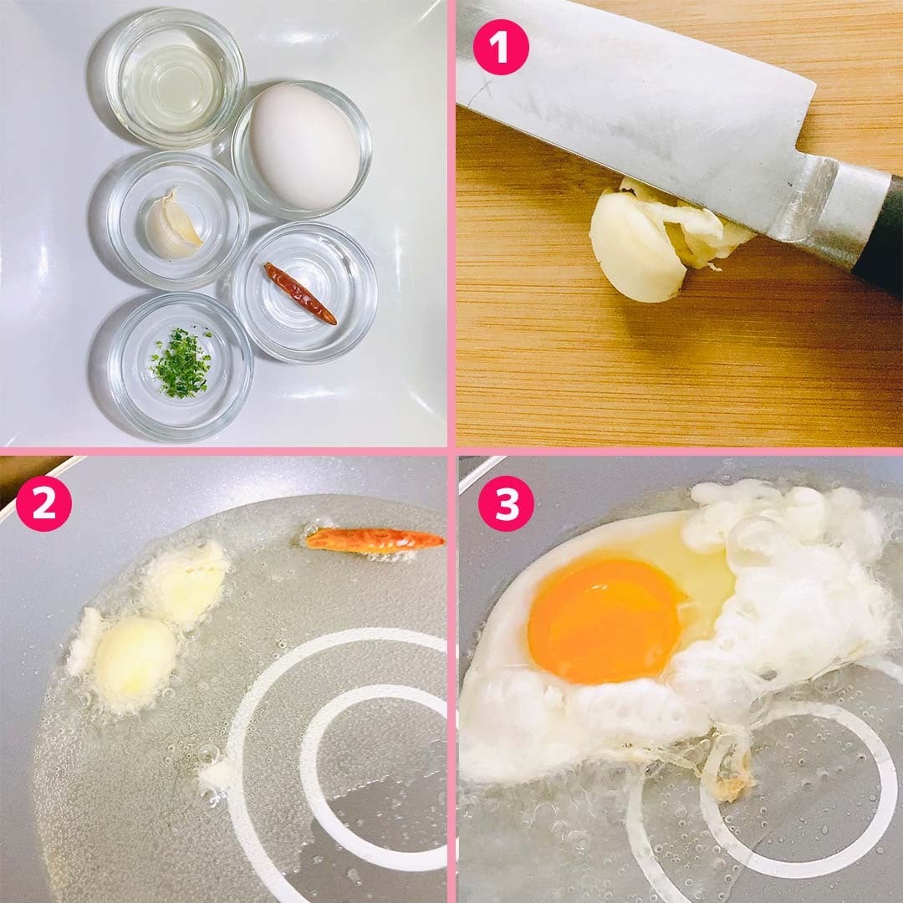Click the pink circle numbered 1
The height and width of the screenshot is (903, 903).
coord(501,47)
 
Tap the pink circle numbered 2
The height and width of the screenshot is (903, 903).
coord(43,503)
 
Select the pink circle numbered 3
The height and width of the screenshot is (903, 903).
coord(506,503)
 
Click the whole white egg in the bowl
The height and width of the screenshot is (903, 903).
coord(304,147)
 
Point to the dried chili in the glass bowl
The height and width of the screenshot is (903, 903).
coord(300,293)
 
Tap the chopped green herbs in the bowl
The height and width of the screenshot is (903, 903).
coord(181,363)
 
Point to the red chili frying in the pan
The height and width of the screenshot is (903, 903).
coord(375,541)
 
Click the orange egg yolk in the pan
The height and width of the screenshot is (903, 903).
coord(607,620)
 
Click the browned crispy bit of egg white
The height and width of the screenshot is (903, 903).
coord(729,772)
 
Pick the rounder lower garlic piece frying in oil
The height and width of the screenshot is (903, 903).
coord(134,656)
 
